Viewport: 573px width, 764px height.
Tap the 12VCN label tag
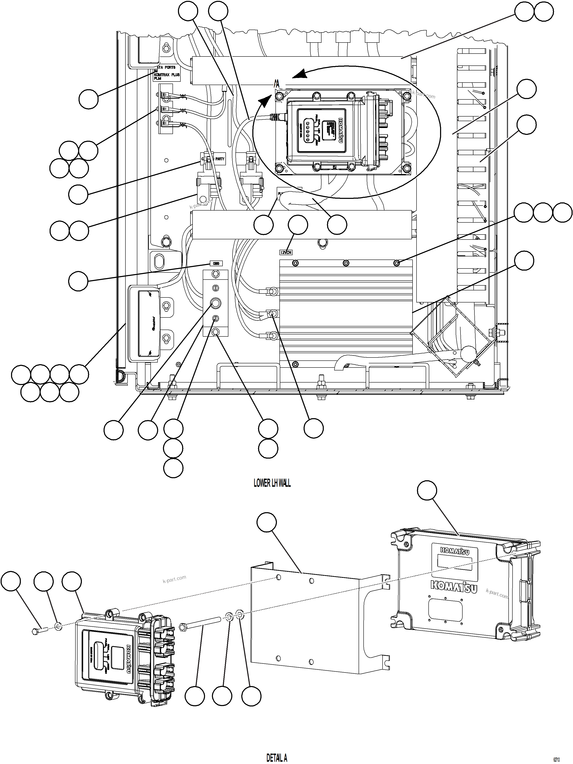coord(286,252)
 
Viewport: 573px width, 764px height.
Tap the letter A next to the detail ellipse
coord(277,84)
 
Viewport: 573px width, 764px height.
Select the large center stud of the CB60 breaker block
coord(215,303)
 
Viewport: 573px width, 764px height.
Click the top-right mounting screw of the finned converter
coord(397,263)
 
